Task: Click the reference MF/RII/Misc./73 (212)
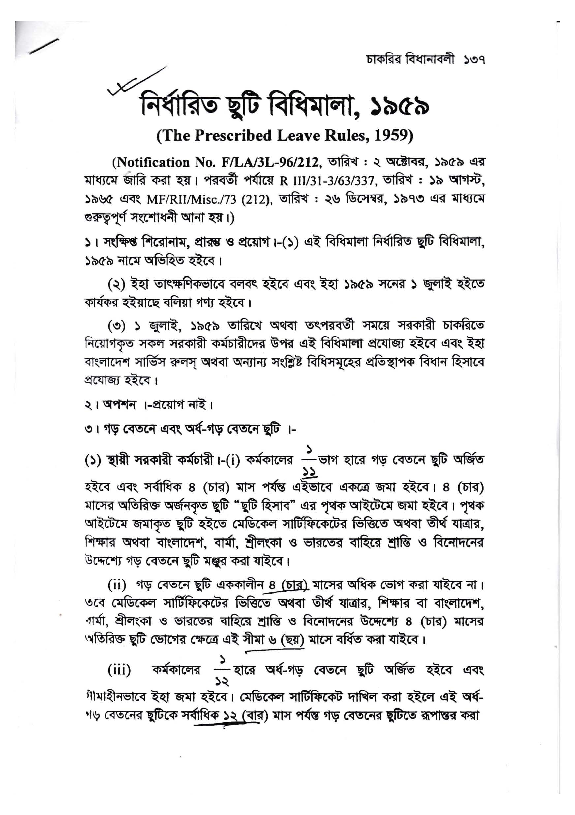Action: click(209, 200)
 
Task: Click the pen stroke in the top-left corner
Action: click(44, 47)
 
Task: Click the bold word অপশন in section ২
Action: click(119, 405)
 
